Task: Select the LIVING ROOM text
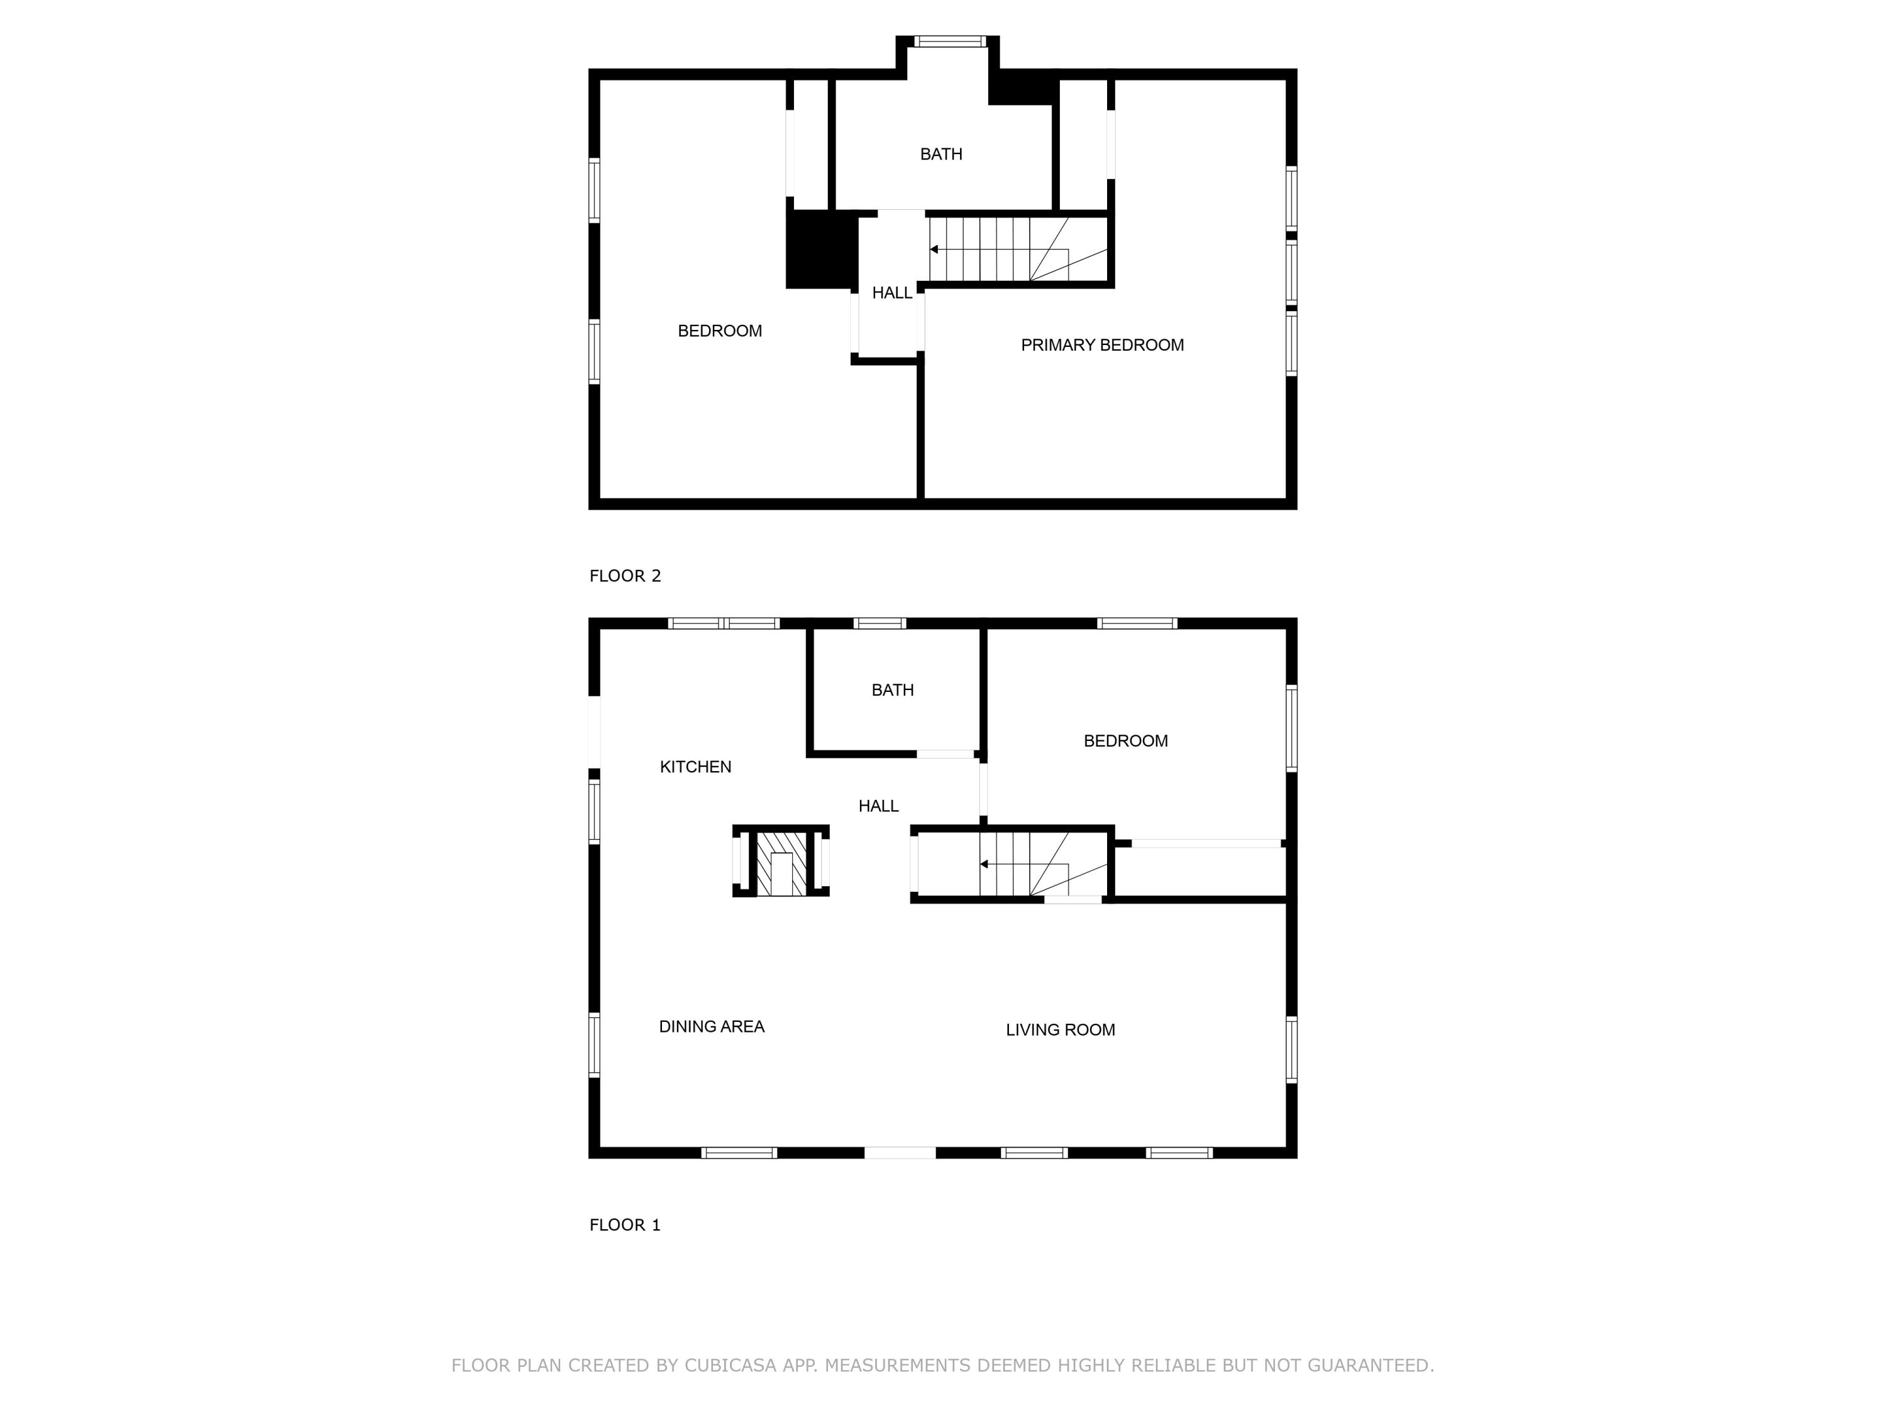click(1060, 1029)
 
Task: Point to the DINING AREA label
click(711, 1026)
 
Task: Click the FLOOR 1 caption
click(625, 1225)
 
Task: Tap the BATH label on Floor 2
click(940, 154)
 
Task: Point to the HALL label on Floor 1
click(878, 806)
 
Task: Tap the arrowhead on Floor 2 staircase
click(934, 249)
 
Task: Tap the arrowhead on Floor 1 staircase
click(984, 864)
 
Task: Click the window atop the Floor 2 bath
click(950, 41)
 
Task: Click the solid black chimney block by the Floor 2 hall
click(820, 249)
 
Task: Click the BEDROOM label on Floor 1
click(1125, 741)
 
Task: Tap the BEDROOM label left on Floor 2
click(720, 331)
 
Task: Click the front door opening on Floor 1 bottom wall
click(900, 1153)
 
